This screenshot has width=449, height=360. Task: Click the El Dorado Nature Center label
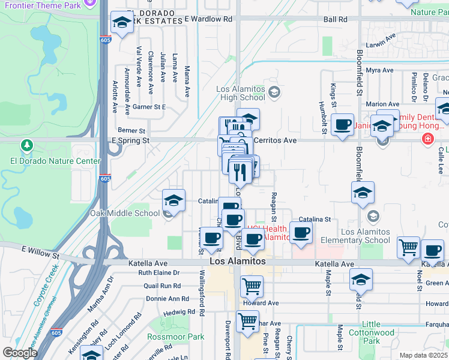click(x=55, y=161)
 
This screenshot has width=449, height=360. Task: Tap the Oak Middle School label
click(x=125, y=213)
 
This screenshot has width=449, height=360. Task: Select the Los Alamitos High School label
click(x=241, y=93)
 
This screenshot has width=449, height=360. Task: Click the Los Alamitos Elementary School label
click(x=357, y=236)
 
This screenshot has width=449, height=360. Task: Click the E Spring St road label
click(x=130, y=140)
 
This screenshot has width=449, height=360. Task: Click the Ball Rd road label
click(x=335, y=19)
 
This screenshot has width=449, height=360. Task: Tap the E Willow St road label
click(x=41, y=252)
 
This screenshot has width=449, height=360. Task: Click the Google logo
click(x=20, y=353)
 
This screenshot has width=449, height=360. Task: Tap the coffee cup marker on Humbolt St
click(x=342, y=125)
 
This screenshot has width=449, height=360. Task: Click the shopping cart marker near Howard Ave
click(x=252, y=286)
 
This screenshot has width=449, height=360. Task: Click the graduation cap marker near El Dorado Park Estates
click(x=122, y=23)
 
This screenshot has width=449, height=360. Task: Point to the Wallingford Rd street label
click(x=202, y=293)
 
